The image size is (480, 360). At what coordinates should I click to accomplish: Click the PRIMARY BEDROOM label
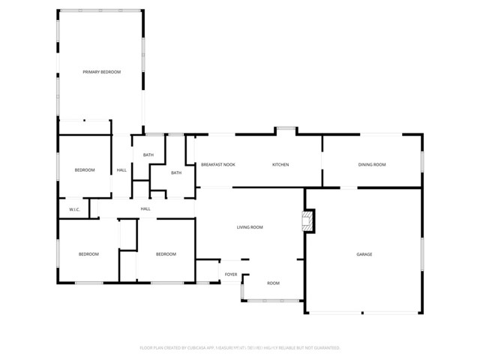(x=101, y=72)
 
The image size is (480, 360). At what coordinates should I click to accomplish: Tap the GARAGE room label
(x=364, y=254)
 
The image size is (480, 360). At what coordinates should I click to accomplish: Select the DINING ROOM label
(x=371, y=164)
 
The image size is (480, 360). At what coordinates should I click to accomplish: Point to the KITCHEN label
(x=280, y=164)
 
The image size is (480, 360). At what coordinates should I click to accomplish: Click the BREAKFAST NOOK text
(x=217, y=164)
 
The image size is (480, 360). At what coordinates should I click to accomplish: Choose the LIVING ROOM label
(x=249, y=227)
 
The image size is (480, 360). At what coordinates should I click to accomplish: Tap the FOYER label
(x=231, y=274)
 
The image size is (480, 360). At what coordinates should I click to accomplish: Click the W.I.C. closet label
(x=74, y=209)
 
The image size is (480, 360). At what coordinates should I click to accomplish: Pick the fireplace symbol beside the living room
(x=307, y=220)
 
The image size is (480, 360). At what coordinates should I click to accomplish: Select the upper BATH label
(x=148, y=155)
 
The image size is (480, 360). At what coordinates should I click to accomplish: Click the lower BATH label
(x=176, y=173)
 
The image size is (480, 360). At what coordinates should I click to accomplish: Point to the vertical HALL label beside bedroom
(x=121, y=170)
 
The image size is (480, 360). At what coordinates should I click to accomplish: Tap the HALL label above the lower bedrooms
(x=145, y=208)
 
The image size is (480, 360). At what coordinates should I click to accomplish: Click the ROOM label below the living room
(x=273, y=283)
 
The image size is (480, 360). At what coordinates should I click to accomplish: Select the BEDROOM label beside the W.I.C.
(x=85, y=170)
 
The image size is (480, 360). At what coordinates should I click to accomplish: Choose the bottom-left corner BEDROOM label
(x=88, y=254)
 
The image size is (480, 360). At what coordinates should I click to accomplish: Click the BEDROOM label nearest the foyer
(x=166, y=254)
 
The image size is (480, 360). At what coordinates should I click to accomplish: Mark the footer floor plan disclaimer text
(x=240, y=348)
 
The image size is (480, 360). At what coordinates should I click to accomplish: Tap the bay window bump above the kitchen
(x=285, y=130)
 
